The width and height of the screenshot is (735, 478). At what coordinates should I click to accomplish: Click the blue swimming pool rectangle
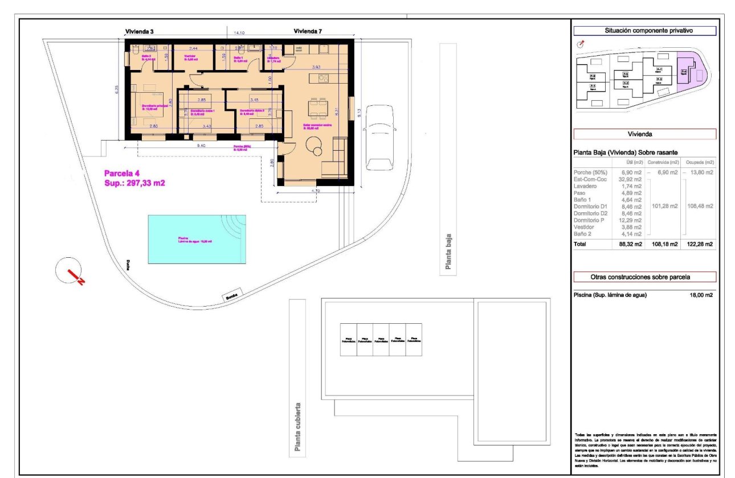point(197,239)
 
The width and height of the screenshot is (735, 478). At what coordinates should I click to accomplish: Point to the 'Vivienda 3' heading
point(140,31)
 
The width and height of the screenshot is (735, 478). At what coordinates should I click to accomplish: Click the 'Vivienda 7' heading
point(309,31)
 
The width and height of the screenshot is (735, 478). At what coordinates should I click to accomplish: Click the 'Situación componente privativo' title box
point(644,31)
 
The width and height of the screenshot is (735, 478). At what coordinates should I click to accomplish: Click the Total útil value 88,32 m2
point(631,244)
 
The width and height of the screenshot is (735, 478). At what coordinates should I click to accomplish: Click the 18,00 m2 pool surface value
point(701,295)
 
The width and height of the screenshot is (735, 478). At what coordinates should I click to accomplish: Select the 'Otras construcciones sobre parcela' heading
point(644,277)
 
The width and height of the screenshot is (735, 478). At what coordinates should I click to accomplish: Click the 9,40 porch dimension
point(202,146)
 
